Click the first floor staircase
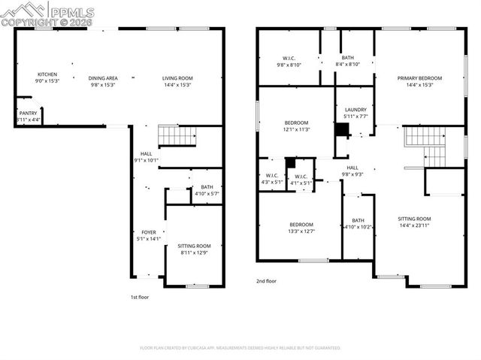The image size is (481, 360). coord(177,136)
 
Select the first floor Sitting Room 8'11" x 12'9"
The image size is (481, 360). coord(194,250)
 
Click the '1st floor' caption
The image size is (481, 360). coord(141,297)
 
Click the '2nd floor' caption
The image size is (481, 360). coord(267,281)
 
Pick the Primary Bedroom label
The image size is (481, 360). coord(419,81)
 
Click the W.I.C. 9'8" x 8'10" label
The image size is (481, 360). coord(289,62)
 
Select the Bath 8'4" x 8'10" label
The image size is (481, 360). coord(347,62)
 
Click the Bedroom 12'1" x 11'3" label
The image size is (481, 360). coord(296,126)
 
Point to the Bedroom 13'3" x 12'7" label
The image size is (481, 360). coord(301,228)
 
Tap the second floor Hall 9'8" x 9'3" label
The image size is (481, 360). coord(353,171)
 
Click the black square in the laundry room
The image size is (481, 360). coord(342,130)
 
